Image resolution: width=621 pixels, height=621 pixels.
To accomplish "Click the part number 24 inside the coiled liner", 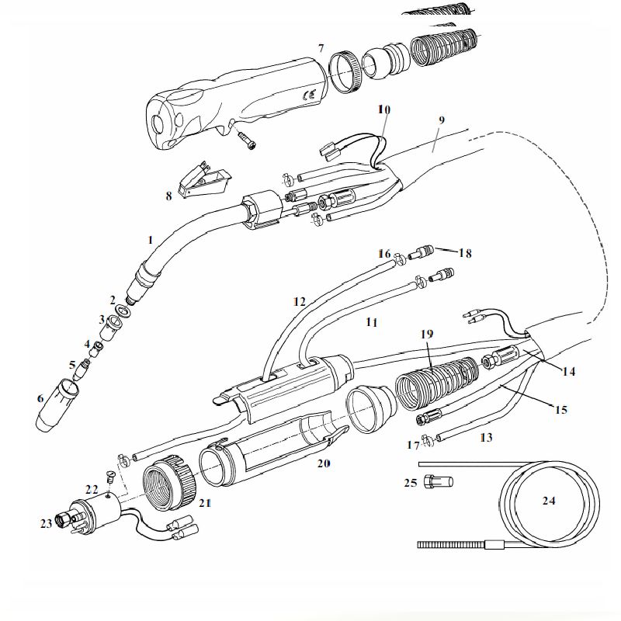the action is [x=549, y=501].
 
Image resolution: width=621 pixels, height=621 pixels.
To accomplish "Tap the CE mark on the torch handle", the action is [x=307, y=95].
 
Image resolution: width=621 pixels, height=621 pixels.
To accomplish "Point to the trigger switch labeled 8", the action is [x=204, y=180].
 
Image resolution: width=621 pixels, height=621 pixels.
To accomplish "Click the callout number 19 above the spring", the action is [x=426, y=334].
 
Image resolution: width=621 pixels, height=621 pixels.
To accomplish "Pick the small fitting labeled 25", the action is [x=439, y=481].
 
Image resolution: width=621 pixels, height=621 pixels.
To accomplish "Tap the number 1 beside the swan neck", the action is [x=150, y=240].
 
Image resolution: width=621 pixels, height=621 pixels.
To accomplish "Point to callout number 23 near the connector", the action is [x=47, y=523].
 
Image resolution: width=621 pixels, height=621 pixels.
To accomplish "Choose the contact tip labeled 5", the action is [x=83, y=367].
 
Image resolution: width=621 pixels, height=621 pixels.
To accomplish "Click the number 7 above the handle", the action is [x=321, y=48].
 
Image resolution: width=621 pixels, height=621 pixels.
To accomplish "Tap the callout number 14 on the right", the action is [x=568, y=372].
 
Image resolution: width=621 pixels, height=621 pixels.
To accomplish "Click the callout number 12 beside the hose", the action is [x=300, y=302].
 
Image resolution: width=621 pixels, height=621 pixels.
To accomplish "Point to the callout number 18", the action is [x=465, y=253].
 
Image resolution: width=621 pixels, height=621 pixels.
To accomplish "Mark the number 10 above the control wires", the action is [x=384, y=109].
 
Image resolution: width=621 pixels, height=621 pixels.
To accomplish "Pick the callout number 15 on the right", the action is [x=560, y=410].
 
